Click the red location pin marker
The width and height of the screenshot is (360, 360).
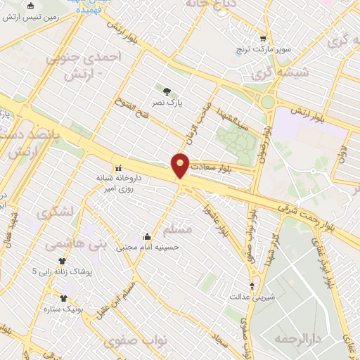click(x=181, y=165)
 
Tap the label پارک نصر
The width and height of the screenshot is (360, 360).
click(x=169, y=103)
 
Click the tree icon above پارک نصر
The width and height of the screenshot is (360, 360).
click(x=167, y=91)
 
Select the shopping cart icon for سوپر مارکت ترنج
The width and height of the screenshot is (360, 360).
click(x=263, y=39)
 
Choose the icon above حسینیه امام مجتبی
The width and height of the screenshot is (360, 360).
click(x=146, y=236)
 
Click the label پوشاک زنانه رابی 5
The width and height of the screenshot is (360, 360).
click(x=59, y=271)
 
